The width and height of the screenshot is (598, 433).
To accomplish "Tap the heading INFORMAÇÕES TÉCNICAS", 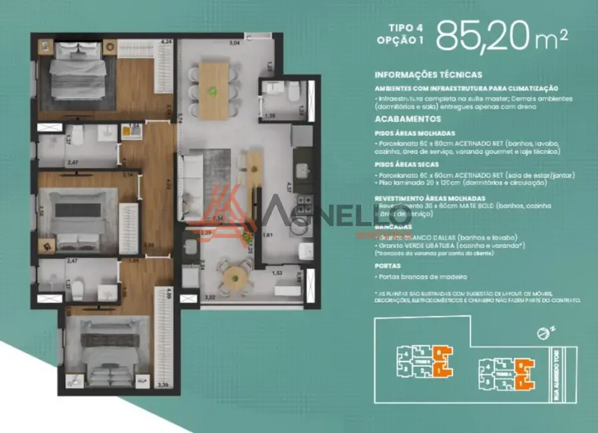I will pos(428,75).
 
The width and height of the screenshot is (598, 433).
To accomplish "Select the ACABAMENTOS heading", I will pos(408,119).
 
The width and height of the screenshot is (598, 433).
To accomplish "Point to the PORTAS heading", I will pos(388,264).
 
